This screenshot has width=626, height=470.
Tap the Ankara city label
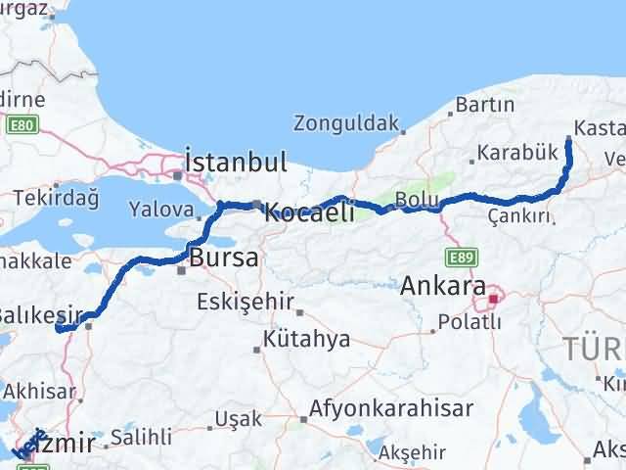coord(443,287)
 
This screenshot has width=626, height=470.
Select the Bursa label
coord(226,259)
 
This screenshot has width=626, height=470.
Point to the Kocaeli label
coord(309,211)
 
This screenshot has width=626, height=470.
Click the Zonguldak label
coord(345,124)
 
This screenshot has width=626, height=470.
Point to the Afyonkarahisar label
coord(391,407)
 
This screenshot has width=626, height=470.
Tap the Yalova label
coord(161,210)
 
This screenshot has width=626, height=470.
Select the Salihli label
coord(142,437)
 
